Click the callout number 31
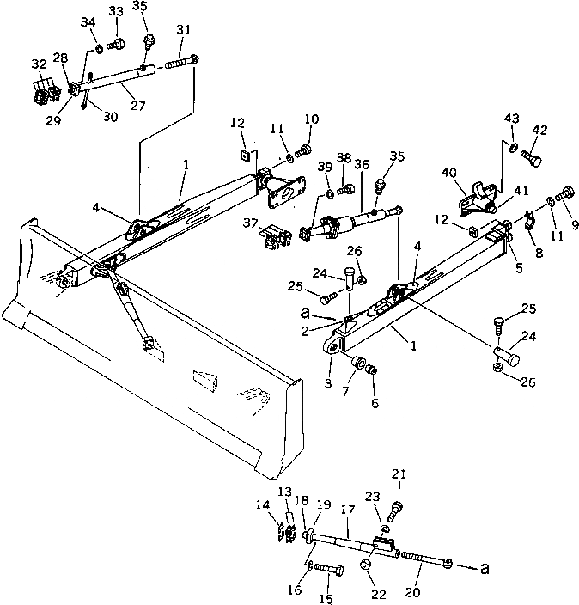tap(182, 29)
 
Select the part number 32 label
tap(39, 64)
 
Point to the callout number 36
tap(361, 163)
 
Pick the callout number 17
tap(347, 509)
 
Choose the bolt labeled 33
tap(119, 40)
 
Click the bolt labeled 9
tap(565, 194)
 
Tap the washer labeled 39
tap(331, 186)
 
